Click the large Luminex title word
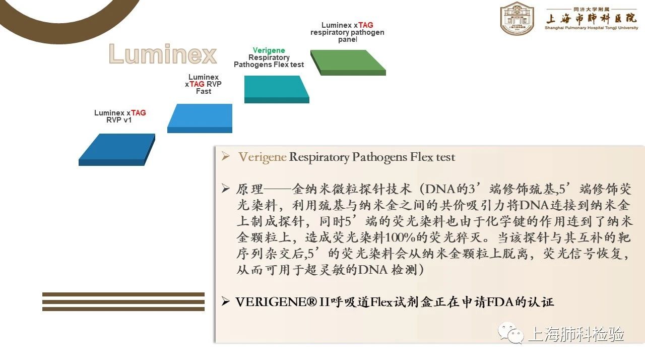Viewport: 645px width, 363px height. coord(163,53)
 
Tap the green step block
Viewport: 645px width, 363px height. coord(348,63)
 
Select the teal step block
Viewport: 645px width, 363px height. coord(277,89)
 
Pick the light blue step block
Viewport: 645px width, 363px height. coord(200,118)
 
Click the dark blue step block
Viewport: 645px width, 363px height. coord(117,150)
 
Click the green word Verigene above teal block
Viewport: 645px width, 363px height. coord(269,50)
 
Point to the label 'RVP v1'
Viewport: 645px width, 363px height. coord(119,120)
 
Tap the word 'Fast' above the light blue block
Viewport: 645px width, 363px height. coord(204,91)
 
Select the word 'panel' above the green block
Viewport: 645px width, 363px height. coord(348,39)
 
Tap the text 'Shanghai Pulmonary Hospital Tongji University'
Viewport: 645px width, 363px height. coord(591,28)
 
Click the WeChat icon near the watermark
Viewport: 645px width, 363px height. coord(511,333)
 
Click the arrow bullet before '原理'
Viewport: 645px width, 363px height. coord(225,189)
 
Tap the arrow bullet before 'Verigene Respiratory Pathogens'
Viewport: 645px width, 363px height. coord(225,156)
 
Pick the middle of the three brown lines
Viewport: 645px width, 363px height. coord(123,302)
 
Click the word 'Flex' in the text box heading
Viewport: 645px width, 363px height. coord(421,157)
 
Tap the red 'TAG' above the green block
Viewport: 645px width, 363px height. coord(365,25)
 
